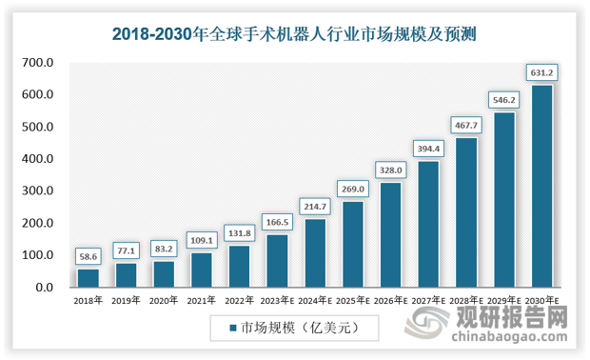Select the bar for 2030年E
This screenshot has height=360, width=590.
[541, 187]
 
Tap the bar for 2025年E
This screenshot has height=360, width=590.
[352, 245]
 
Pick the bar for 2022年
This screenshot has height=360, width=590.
[239, 267]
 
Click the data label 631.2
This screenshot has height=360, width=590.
[541, 72]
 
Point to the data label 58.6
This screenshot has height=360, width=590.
[88, 256]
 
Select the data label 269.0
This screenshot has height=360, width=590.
[352, 189]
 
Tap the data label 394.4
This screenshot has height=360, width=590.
[428, 149]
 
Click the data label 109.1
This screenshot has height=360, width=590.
[201, 240]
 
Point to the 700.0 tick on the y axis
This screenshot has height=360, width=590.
[40, 63]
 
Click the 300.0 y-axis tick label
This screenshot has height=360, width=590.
[40, 191]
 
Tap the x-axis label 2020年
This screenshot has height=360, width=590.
[163, 300]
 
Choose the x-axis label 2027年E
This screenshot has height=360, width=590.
[428, 300]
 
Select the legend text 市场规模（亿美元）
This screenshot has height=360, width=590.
[299, 328]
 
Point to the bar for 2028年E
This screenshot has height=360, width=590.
[465, 212]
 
